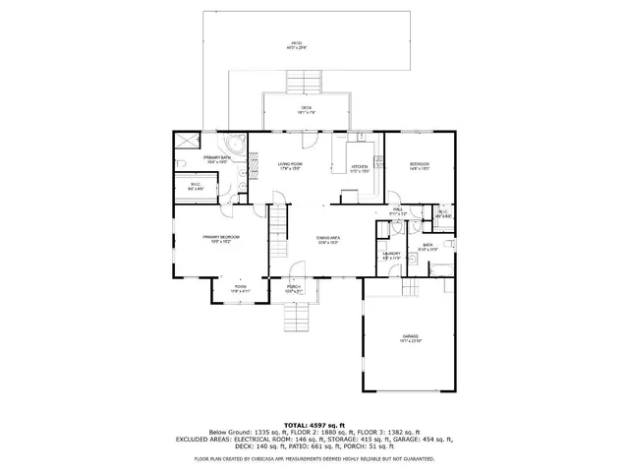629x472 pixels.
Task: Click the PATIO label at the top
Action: pyautogui.click(x=296, y=45)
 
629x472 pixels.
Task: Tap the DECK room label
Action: pyautogui.click(x=306, y=110)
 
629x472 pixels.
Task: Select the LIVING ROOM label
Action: pyautogui.click(x=289, y=165)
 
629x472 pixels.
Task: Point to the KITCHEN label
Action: pyautogui.click(x=361, y=168)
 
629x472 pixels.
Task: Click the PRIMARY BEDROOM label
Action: pyautogui.click(x=222, y=238)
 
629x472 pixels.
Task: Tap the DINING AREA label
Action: pyautogui.click(x=328, y=239)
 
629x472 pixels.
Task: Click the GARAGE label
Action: pyautogui.click(x=410, y=337)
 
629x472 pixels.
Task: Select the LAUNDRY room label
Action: pyautogui.click(x=393, y=255)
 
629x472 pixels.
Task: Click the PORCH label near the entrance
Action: pyautogui.click(x=293, y=288)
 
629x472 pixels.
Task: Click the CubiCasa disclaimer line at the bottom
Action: pyautogui.click(x=314, y=458)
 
